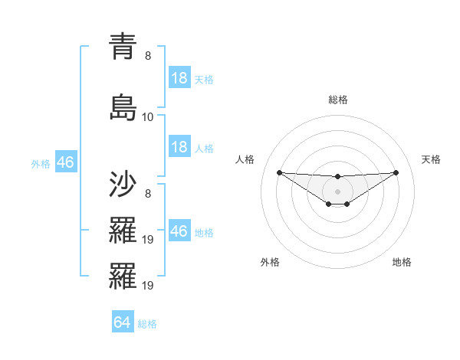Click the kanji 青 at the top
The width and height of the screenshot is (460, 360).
pos(122,47)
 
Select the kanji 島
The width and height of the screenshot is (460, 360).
pos(122,106)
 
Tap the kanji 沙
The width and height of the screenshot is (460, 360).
pos(122,186)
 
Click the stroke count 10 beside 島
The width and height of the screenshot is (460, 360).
pos(148,117)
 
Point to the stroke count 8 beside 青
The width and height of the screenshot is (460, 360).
pos(148,56)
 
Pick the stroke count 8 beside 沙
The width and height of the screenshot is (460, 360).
pos(148,195)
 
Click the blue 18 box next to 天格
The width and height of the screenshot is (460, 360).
pos(179,78)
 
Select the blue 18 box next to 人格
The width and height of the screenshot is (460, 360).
pos(179,147)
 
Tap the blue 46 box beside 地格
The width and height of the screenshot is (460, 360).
pos(179,231)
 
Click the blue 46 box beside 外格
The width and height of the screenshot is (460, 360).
pos(65,162)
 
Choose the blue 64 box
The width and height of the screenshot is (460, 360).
pos(123,322)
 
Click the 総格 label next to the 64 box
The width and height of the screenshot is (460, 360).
pos(147,323)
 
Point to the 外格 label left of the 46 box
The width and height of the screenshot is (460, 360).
pos(41,163)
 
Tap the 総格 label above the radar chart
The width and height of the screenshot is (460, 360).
pos(337,100)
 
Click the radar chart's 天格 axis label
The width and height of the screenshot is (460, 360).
pos(431,159)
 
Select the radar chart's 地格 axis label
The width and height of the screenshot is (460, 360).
pos(402,262)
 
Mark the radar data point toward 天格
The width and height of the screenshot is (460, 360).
pos(396,172)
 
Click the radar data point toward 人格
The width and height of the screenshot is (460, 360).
pos(279,172)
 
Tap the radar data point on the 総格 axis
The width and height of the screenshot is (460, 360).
pos(337,177)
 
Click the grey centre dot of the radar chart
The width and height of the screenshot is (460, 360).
pos(337,191)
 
